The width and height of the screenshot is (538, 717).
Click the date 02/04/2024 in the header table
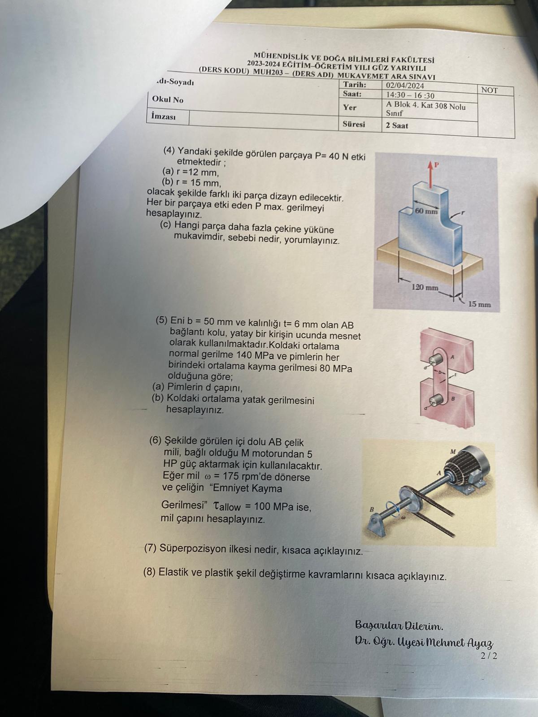(405, 86)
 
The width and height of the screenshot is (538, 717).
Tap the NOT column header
(489, 91)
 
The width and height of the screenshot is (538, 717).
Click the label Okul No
(168, 99)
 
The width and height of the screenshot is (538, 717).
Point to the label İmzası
(163, 116)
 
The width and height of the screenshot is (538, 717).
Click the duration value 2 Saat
(397, 125)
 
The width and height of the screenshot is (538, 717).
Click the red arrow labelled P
(432, 175)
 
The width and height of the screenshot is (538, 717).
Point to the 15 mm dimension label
(479, 304)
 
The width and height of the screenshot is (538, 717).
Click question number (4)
(169, 151)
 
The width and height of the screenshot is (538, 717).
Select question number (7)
(151, 548)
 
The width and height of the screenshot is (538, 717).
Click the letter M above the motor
(453, 452)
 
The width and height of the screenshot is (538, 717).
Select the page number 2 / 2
(489, 656)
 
